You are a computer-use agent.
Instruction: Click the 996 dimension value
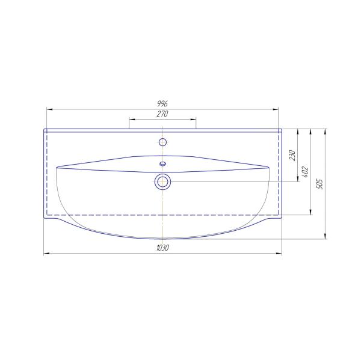click(162, 104)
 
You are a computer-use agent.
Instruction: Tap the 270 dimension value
click(162, 114)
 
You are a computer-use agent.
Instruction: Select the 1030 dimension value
click(162, 248)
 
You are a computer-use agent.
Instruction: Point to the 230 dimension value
click(292, 155)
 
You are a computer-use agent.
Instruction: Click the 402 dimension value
click(304, 172)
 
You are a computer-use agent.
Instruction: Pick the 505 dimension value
click(319, 184)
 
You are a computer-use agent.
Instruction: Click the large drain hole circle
click(162, 182)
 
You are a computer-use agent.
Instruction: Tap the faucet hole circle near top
click(162, 142)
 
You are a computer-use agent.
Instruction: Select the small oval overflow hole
click(162, 164)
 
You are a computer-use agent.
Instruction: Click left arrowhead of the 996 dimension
click(49, 109)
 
